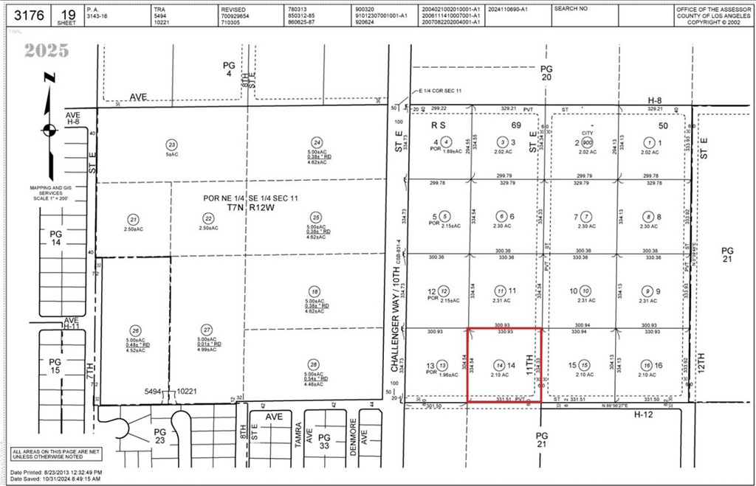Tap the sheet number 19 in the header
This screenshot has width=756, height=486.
pos(68,12)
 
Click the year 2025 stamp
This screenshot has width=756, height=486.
pos(46,51)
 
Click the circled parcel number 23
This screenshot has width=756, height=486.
pos(171,145)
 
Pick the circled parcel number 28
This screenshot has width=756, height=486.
pos(315,365)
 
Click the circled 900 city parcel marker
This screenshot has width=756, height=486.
pos(587,142)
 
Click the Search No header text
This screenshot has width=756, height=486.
pos(571,9)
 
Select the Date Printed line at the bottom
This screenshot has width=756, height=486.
pos(56,471)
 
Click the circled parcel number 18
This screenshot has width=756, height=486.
pos(315,291)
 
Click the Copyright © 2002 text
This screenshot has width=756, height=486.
pos(714,23)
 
